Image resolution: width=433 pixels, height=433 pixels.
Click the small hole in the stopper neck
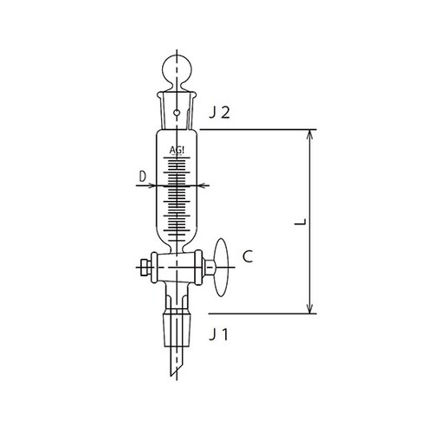(x=178, y=111)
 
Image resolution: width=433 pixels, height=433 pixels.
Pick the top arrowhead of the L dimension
(x=307, y=134)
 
